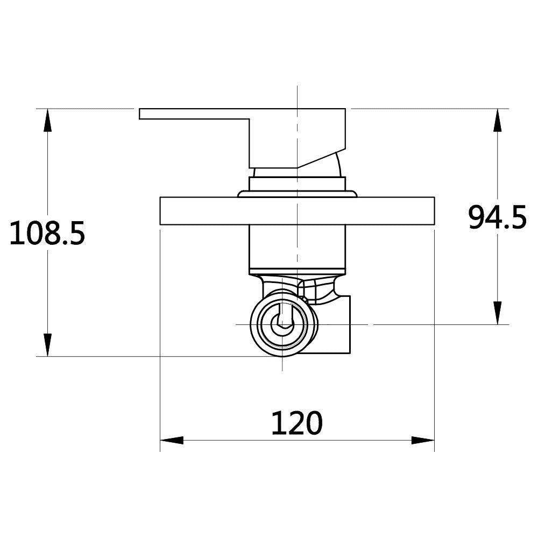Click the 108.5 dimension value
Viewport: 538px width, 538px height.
(x=47, y=233)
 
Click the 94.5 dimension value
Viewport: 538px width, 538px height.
(x=497, y=217)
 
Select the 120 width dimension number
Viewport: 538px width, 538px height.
(x=297, y=423)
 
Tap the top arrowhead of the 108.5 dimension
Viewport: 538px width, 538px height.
(x=48, y=120)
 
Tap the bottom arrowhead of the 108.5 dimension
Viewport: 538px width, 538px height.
(x=48, y=345)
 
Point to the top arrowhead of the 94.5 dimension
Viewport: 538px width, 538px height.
(x=498, y=120)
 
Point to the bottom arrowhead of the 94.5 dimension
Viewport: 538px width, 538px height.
(x=498, y=313)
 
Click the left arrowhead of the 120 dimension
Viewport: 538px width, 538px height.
(x=172, y=440)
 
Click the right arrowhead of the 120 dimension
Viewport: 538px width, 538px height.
(x=423, y=440)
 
